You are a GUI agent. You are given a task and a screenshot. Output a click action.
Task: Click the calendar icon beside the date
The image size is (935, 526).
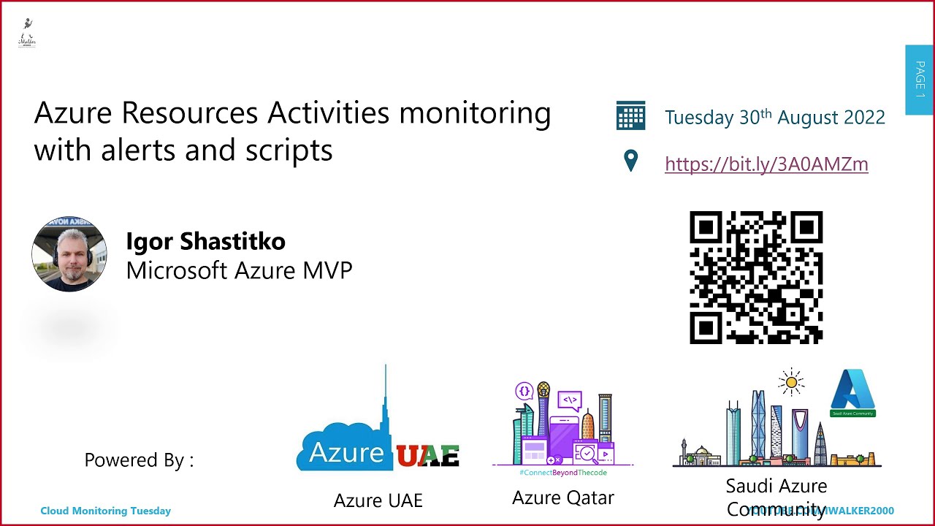coord(630,116)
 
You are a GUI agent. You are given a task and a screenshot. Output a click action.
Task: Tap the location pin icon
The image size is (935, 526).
coord(631,161)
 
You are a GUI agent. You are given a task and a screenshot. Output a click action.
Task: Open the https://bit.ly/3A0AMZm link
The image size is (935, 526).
coord(766,164)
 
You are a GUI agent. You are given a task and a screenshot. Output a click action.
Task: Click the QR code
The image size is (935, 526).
coord(756,278)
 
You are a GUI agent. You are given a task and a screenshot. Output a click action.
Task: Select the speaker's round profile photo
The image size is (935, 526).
coord(69,254)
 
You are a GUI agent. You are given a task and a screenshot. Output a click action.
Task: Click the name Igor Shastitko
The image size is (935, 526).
coord(205,241)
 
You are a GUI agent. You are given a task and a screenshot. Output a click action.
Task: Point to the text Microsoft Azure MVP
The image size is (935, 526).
coord(239,270)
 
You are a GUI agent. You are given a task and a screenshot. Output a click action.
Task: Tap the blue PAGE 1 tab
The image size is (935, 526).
coord(919,80)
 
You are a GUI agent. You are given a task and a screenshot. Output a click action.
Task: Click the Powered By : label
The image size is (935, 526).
coord(139,460)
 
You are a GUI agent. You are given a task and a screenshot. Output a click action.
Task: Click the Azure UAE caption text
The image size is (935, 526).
coord(378,500)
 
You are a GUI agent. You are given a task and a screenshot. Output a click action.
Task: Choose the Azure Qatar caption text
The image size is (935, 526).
coord(562,498)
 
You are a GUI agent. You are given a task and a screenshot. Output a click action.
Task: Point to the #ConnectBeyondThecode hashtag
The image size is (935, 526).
coord(562,473)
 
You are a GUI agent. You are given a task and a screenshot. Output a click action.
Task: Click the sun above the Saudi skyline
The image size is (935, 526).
coord(790,382)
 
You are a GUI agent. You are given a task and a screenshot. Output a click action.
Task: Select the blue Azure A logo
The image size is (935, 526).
coord(852,389)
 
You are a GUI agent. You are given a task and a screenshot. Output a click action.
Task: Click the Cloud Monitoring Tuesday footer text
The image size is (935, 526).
coord(105,511)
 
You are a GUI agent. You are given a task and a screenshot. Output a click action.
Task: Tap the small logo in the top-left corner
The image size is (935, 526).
coord(27,34)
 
